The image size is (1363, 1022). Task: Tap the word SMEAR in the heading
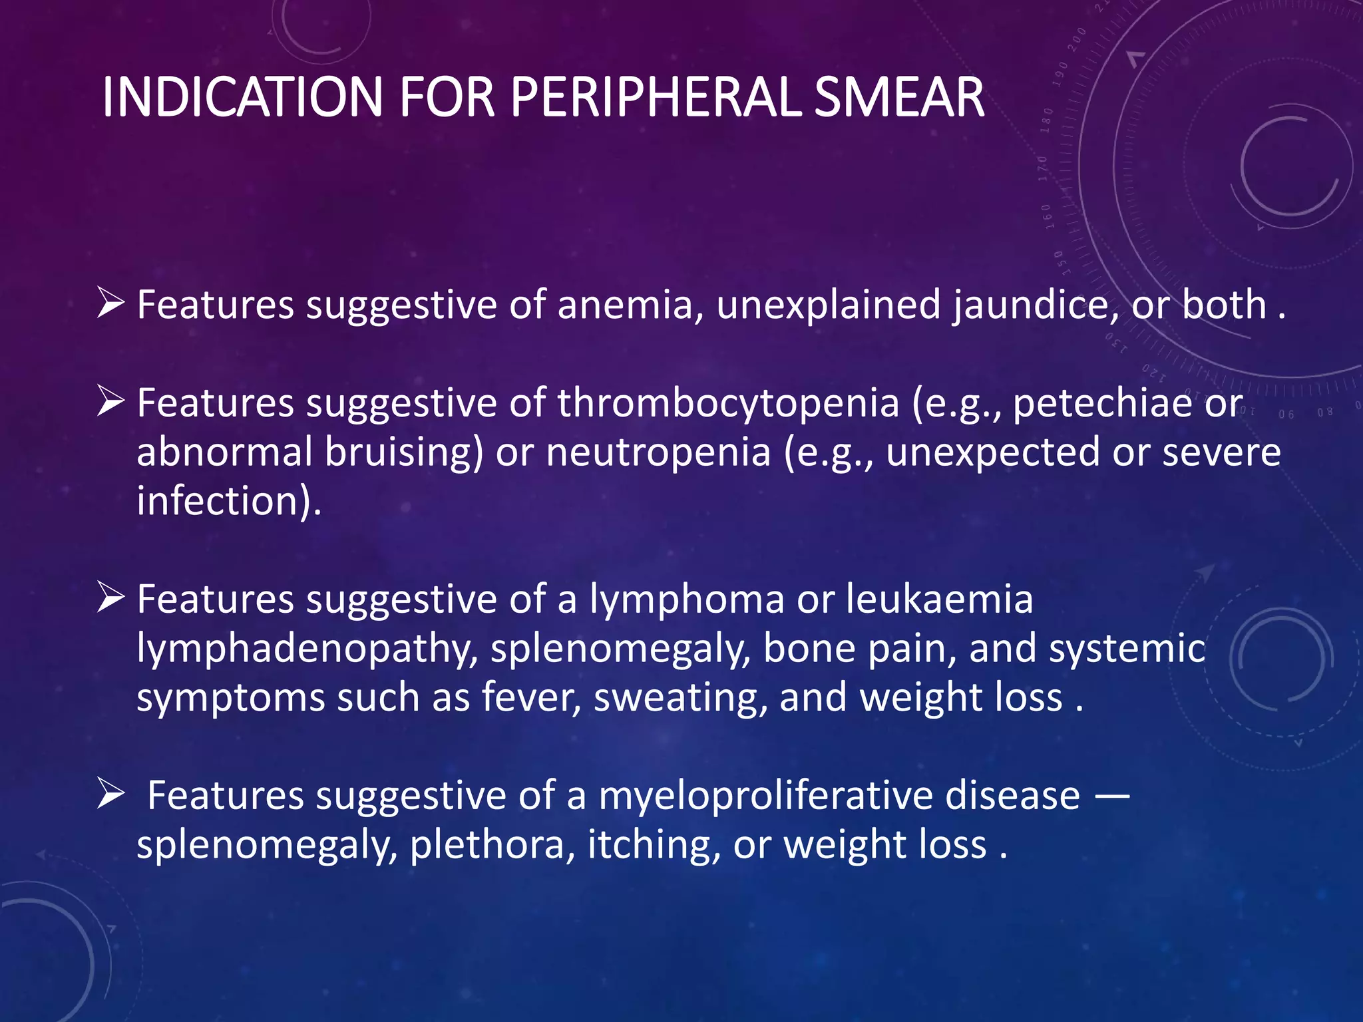898,98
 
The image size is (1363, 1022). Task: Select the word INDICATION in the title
243,98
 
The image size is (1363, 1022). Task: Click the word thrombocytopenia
728,404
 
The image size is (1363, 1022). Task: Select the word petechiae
1102,404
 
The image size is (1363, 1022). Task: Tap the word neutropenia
658,452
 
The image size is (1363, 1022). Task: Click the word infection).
229,501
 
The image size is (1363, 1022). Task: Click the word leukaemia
940,599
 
